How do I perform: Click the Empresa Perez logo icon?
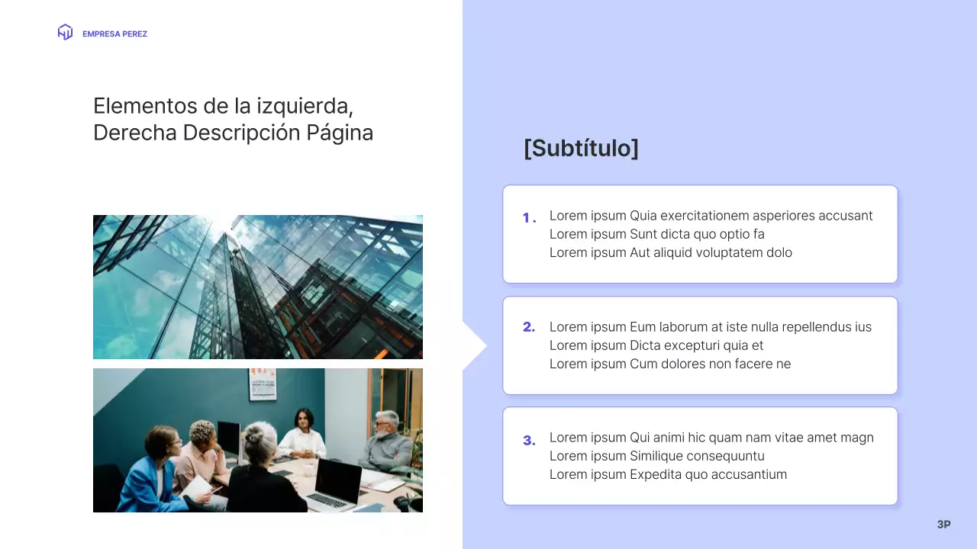[x=65, y=33]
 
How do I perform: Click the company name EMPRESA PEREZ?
[x=114, y=34]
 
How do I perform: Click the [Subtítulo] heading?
[x=581, y=148]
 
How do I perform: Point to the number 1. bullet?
[x=529, y=218]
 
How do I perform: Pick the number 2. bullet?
[x=529, y=327]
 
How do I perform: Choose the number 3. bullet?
[x=529, y=440]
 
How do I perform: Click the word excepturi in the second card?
[x=689, y=345]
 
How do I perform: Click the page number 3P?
[x=943, y=525]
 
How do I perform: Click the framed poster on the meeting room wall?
[x=263, y=384]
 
